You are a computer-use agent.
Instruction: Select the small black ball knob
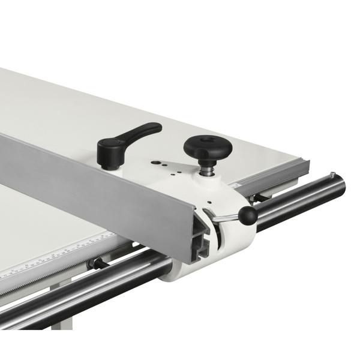pos(247,215)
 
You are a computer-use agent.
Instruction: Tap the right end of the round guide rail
pos(336,186)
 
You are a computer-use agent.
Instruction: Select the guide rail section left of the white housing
pos(90,288)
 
